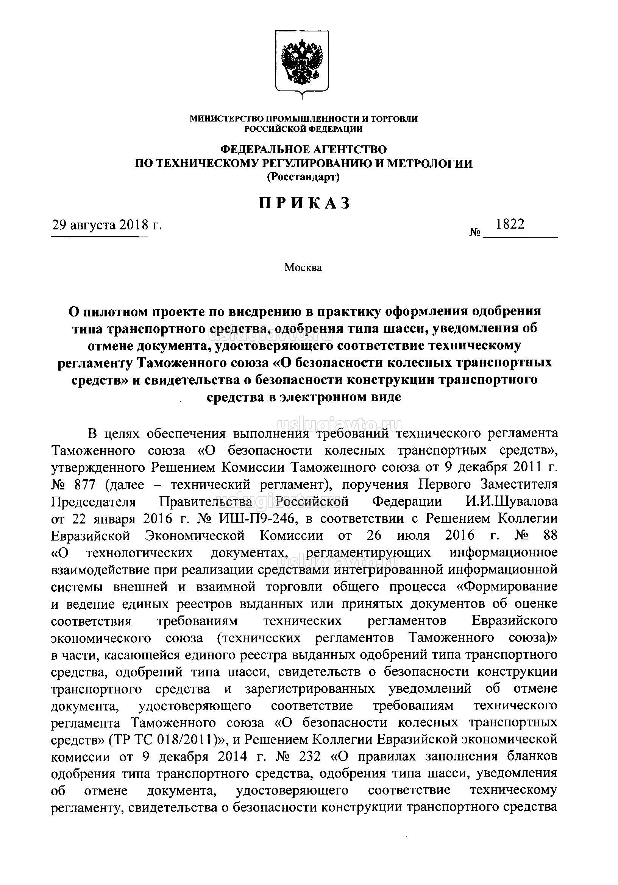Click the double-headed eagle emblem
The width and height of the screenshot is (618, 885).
click(302, 62)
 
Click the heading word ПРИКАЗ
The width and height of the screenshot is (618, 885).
click(304, 203)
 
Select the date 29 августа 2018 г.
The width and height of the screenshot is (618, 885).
click(107, 225)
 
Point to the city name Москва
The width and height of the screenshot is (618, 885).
click(303, 267)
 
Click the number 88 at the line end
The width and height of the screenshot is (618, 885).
click(549, 535)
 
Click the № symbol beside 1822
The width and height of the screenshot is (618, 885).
click(474, 232)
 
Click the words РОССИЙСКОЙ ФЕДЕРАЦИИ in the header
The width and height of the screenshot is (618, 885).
click(303, 129)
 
